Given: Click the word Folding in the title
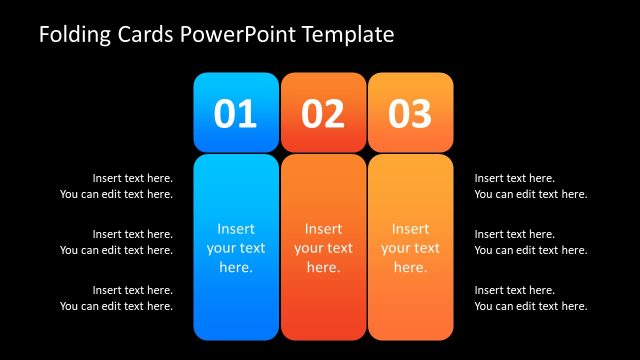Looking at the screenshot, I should click(x=73, y=35).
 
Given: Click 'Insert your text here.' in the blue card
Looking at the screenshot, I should click(x=236, y=248).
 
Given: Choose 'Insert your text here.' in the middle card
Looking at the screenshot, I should click(x=323, y=248).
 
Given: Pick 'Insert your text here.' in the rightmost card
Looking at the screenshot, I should click(x=410, y=248).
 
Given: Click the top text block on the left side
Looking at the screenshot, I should click(x=116, y=186).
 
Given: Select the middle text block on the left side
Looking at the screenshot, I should click(x=116, y=242).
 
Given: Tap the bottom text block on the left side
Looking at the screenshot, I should click(x=116, y=298).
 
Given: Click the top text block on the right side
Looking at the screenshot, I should click(x=530, y=186).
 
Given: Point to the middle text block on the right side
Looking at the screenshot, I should click(x=530, y=242).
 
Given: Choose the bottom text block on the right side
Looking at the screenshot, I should click(x=530, y=298).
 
